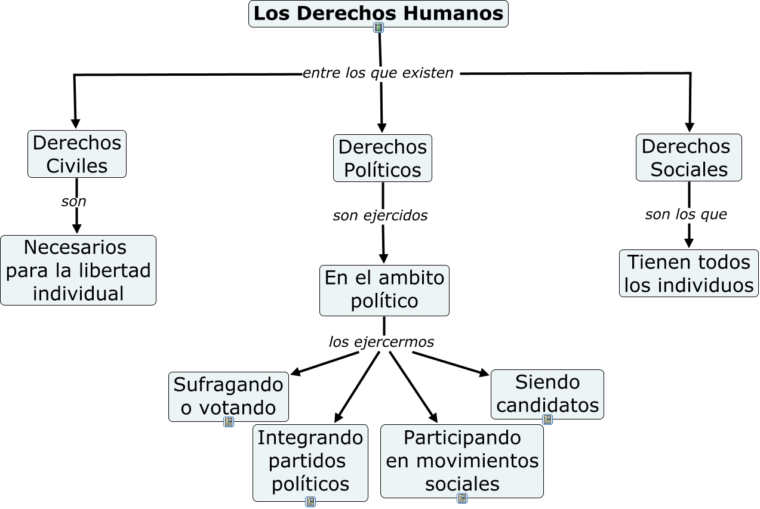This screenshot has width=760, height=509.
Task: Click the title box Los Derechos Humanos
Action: tap(378, 14)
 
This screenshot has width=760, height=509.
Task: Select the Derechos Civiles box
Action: tap(77, 154)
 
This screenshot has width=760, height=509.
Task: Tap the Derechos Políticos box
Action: tap(382, 158)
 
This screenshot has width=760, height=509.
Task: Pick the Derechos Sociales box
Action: tap(688, 158)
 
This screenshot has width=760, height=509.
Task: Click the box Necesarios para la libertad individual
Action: tap(78, 270)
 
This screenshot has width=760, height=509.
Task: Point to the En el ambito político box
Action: tap(384, 290)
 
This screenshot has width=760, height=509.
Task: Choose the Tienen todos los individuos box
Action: tap(688, 273)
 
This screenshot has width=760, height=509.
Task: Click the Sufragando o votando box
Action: tap(228, 396)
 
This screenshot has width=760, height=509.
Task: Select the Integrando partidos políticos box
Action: tap(310, 461)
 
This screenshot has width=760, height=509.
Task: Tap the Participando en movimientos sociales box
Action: tap(461, 460)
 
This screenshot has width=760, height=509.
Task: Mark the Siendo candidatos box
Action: tap(547, 393)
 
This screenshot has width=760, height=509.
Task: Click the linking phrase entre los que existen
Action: tap(378, 73)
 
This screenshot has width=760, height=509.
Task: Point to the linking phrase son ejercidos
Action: tap(380, 215)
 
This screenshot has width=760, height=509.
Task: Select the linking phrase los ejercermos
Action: tap(381, 342)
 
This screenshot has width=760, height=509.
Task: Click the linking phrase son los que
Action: tap(686, 214)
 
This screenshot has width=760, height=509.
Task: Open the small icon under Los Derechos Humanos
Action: tap(379, 27)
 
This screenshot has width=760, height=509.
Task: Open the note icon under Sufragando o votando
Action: tap(229, 422)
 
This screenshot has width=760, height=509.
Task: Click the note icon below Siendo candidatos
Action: tap(547, 419)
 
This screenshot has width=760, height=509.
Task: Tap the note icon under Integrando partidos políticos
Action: tap(310, 502)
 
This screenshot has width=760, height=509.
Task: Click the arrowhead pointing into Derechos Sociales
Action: tap(690, 128)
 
